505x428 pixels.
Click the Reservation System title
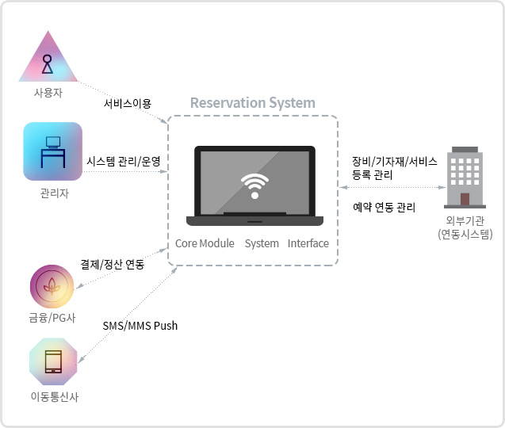tap(252, 103)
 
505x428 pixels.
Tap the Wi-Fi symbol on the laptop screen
tap(254, 185)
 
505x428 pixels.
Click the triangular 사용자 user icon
tap(48, 59)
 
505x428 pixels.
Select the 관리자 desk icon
tap(52, 151)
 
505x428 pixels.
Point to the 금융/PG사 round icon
tap(54, 287)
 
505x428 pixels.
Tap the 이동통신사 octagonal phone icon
tap(54, 361)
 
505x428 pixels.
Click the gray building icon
tap(465, 175)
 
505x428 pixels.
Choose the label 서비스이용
tap(127, 103)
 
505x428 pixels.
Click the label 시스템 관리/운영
tap(123, 161)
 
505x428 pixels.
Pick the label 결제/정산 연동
tap(113, 264)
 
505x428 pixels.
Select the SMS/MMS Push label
tap(140, 326)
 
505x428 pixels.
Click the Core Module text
tap(205, 243)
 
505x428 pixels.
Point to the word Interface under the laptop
tap(308, 243)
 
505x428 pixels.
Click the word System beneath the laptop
tap(262, 243)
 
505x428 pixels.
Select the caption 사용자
tap(48, 93)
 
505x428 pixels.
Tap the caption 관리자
tap(53, 193)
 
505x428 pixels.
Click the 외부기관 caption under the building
tap(465, 221)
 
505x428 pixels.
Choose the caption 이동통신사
tap(54, 396)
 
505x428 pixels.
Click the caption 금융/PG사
tap(54, 319)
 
